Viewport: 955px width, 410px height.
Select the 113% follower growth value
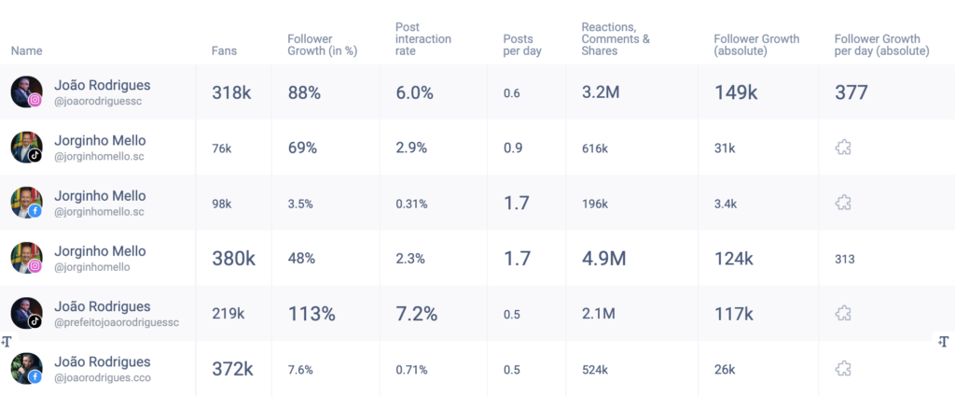311,314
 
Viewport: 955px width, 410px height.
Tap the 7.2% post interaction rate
416,314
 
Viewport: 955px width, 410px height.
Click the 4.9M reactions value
603,258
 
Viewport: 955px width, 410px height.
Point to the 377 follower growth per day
851,92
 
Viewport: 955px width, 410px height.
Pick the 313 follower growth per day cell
845,259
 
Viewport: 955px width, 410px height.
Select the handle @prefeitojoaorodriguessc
116,322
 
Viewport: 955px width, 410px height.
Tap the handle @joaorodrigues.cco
103,378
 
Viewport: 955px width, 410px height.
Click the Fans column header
224,51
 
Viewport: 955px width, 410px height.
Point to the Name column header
27,51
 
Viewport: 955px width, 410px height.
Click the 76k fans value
222,148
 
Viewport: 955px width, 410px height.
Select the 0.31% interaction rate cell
411,203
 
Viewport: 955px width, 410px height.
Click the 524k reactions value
595,369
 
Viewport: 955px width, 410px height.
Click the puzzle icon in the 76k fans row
844,148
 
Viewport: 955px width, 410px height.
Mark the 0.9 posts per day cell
512,148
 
